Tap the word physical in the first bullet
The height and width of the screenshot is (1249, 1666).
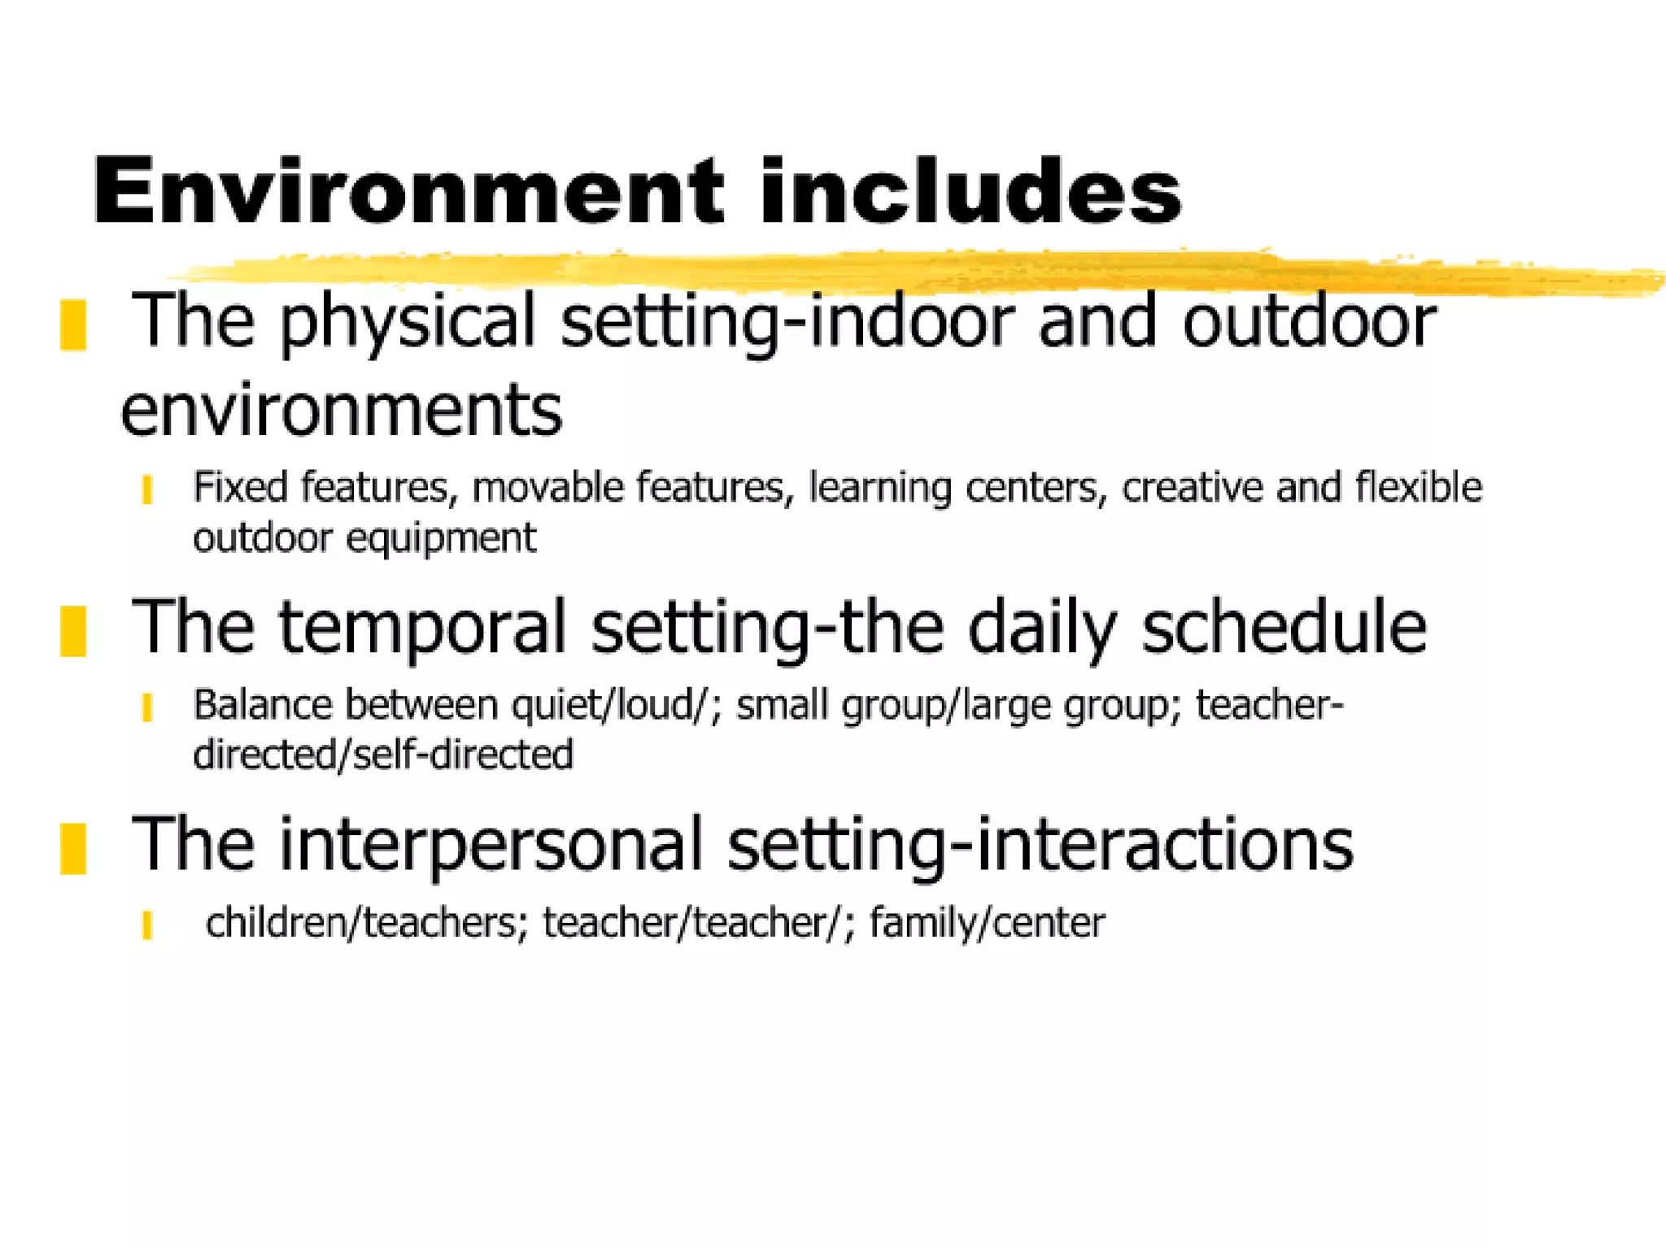click(408, 323)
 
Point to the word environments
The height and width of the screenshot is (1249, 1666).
click(342, 410)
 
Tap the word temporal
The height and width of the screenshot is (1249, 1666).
click(422, 627)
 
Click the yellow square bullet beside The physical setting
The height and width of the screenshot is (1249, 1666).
click(73, 325)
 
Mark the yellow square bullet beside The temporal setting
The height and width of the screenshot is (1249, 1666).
click(73, 630)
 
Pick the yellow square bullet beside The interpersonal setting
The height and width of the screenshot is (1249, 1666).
click(73, 848)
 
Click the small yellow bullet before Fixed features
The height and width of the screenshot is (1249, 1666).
click(147, 490)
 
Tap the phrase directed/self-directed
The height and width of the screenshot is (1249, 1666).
click(383, 755)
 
